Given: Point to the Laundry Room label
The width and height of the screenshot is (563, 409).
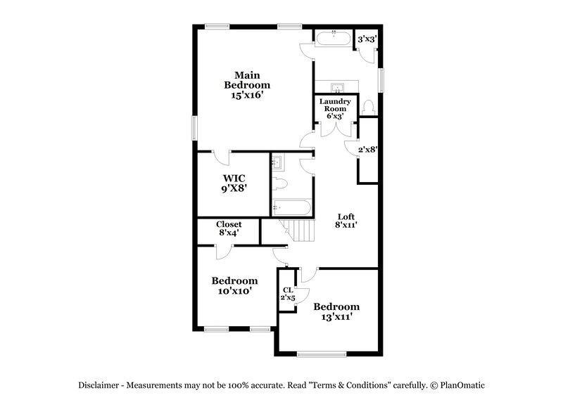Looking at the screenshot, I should [x=335, y=105].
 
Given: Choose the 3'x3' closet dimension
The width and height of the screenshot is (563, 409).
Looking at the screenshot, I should [x=366, y=40].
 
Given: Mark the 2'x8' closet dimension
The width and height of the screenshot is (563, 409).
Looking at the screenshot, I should [x=368, y=149].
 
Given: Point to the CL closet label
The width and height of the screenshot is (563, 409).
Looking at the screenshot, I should [x=288, y=290].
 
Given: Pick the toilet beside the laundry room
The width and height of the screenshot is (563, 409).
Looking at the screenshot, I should [x=369, y=107].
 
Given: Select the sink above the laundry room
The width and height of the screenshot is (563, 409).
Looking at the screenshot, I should [x=338, y=87].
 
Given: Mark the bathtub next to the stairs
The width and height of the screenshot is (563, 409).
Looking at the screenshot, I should [x=291, y=208].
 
